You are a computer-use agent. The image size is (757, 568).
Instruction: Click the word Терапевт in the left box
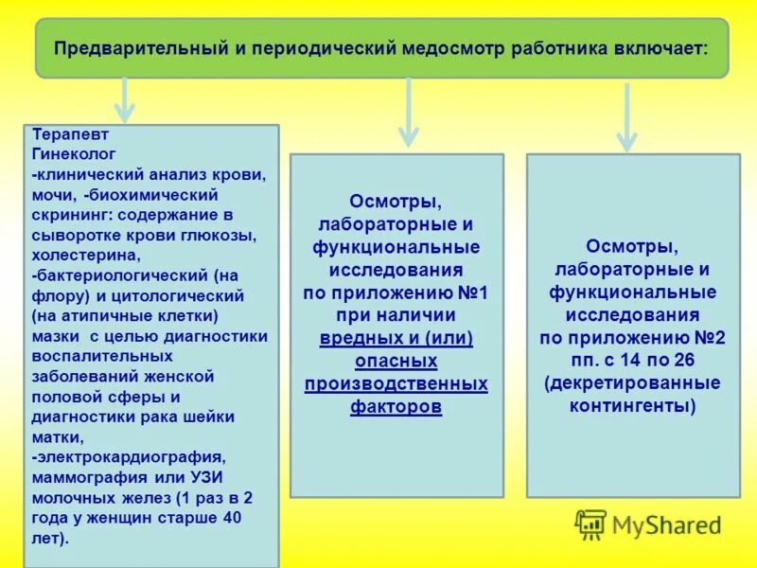pyautogui.click(x=63, y=134)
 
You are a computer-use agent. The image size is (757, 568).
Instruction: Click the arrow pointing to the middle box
pyautogui.click(x=408, y=112)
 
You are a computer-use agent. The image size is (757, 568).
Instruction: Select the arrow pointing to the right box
pyautogui.click(x=625, y=117)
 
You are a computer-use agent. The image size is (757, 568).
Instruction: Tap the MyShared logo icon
pyautogui.click(x=591, y=524)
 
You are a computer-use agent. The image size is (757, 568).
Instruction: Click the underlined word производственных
pyautogui.click(x=396, y=383)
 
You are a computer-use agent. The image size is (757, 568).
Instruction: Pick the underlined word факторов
pyautogui.click(x=396, y=406)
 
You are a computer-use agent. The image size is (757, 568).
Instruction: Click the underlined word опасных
pyautogui.click(x=396, y=361)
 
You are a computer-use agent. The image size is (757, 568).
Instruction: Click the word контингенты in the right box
pyautogui.click(x=632, y=405)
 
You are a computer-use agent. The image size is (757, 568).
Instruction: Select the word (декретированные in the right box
pyautogui.click(x=632, y=382)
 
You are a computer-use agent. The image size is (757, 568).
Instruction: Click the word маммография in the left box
pyautogui.click(x=85, y=476)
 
